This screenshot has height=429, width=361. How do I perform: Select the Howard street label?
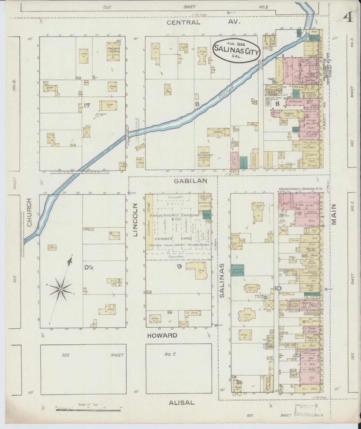point(162,335)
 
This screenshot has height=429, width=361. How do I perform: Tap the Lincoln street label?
point(135,220)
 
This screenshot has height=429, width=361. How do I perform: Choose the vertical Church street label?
point(30,213)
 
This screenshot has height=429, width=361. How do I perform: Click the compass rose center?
point(61,289)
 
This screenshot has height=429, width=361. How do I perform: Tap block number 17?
point(86,105)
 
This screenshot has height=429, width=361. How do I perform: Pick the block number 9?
point(179,267)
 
